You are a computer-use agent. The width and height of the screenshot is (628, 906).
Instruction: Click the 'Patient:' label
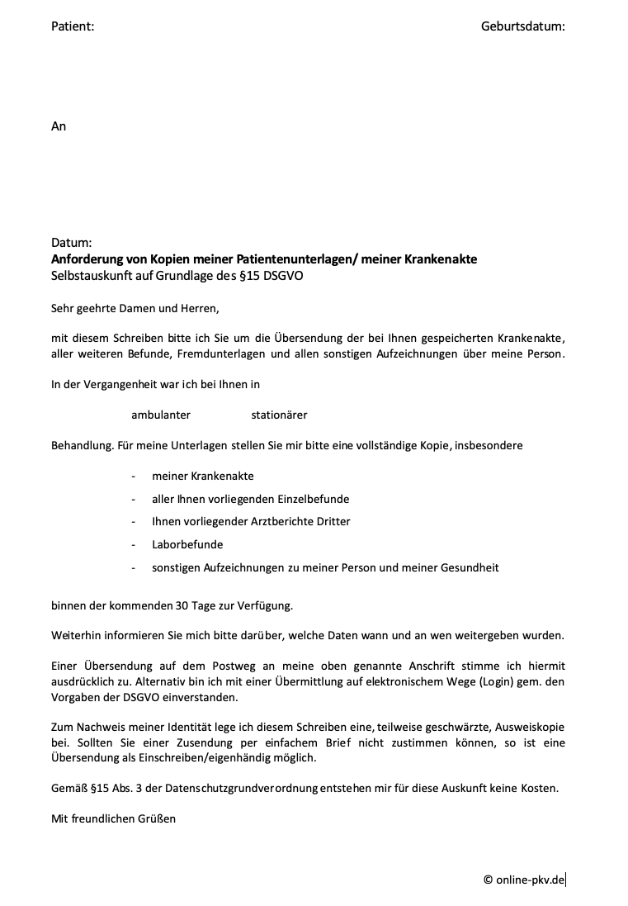point(73,26)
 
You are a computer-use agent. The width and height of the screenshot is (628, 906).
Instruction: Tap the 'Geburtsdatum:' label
point(522,26)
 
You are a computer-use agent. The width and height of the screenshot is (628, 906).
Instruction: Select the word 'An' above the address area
point(59,126)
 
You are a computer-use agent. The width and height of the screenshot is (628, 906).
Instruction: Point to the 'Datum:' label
point(71,244)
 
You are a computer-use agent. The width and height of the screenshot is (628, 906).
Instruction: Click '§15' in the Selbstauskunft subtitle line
point(250,275)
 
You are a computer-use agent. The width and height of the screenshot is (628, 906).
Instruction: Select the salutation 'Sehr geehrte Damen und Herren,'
point(135,309)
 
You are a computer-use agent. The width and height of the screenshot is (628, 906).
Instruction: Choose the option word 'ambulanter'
point(161,415)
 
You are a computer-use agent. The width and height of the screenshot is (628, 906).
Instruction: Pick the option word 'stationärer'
point(279,415)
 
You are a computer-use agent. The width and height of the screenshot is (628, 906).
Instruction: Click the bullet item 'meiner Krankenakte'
point(202,477)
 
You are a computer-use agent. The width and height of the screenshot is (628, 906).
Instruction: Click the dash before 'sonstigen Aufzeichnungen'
point(133,567)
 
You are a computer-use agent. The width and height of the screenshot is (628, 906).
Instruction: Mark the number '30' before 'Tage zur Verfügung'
point(182,605)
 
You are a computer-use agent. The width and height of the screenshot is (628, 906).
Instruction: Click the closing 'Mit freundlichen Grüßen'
point(113,818)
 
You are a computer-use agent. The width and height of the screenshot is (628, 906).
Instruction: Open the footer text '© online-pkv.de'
point(524,880)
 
